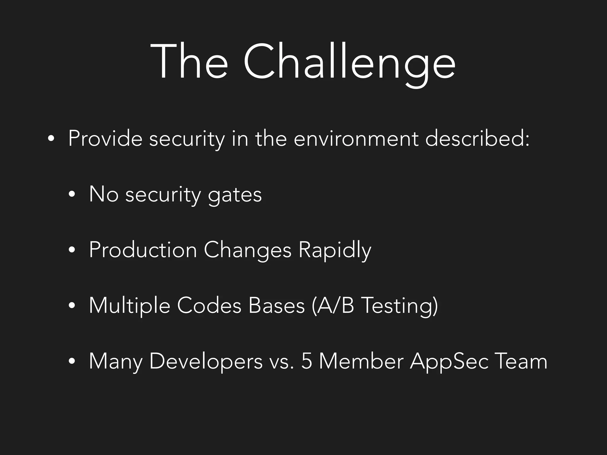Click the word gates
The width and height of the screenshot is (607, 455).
click(235, 196)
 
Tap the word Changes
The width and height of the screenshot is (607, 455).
click(247, 250)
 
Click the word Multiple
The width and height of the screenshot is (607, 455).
click(130, 306)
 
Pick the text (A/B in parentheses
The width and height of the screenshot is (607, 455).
click(333, 306)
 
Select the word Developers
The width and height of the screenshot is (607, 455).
click(206, 362)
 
